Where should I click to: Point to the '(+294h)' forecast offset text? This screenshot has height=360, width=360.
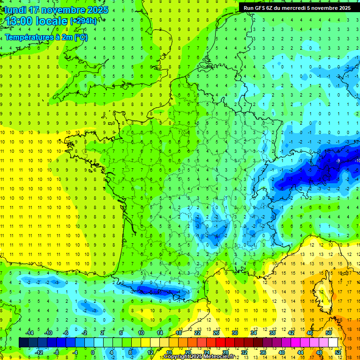pos(83,21)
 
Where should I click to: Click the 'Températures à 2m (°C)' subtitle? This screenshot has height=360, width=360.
pos(46,37)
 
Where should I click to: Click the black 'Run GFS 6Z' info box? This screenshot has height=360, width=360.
pos(297,7)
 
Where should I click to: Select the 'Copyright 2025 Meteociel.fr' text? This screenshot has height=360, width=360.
pos(199,357)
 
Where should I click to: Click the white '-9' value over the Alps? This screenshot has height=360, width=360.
pos(338,161)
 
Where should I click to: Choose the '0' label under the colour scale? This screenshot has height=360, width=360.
pos(93,352)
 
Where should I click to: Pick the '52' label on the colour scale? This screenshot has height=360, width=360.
pos(337,352)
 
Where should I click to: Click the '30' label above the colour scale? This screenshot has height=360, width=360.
pos(234,333)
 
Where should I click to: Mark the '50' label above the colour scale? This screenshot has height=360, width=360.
pos(328,333)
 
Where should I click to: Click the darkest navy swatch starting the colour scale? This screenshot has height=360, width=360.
pos(23,343)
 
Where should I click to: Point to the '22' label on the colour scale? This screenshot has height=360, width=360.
pos(197,333)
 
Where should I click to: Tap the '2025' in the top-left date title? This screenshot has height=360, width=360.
pos(97,10)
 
